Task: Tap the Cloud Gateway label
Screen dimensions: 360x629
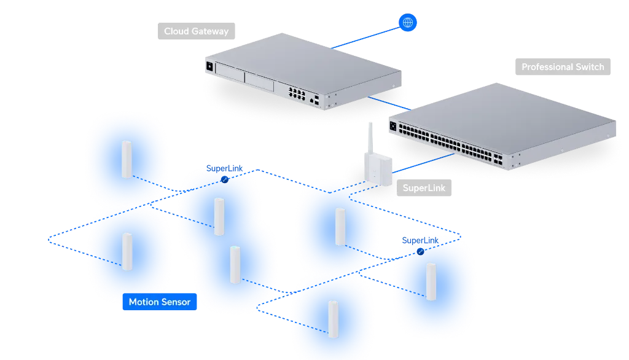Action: pos(196,31)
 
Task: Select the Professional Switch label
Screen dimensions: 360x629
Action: pos(563,67)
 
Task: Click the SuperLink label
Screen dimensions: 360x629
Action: pos(423,188)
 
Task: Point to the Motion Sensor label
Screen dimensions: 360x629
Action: pos(159,302)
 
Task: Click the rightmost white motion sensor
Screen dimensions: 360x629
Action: pos(431,281)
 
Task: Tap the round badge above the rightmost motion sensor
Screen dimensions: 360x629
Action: pos(421,252)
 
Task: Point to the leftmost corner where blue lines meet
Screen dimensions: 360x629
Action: pos(47,241)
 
